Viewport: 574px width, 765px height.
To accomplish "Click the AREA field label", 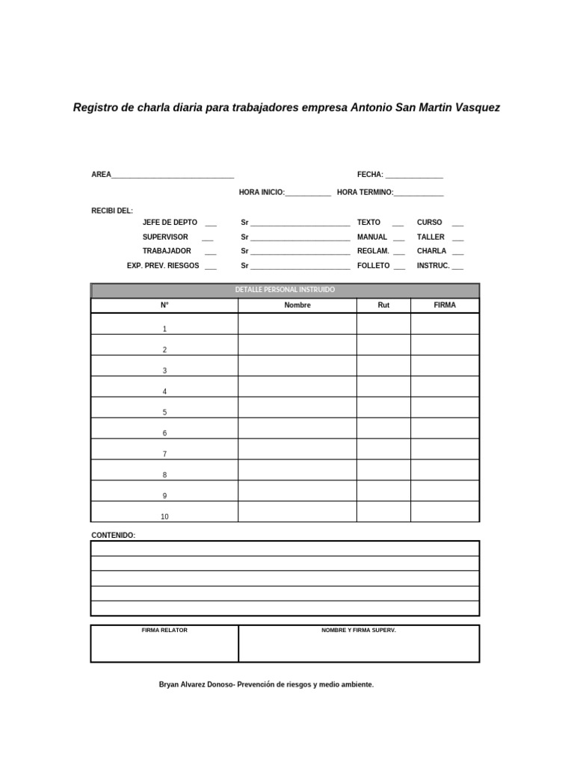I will click(x=101, y=175).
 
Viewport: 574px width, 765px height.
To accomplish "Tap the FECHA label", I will click(x=370, y=175).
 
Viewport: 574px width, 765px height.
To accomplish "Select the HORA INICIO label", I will click(x=262, y=193).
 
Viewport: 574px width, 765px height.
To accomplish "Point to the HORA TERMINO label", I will click(x=365, y=193).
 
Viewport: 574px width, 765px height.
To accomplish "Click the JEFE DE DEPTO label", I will click(x=170, y=223).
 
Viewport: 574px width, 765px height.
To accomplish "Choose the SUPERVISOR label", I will click(x=165, y=237).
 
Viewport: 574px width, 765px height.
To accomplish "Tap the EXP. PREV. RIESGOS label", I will click(x=163, y=265).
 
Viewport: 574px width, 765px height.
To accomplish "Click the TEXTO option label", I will click(x=368, y=223).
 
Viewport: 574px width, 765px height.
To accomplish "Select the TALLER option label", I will click(x=430, y=237).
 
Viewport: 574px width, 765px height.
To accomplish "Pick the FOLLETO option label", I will click(x=374, y=265).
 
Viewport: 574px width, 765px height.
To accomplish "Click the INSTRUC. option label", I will click(x=433, y=265).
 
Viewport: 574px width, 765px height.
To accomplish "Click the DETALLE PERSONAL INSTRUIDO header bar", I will click(x=285, y=290).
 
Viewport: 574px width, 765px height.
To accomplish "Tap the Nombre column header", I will click(x=297, y=305).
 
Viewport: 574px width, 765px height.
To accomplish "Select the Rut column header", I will click(x=383, y=305).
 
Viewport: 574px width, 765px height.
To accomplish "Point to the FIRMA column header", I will click(x=445, y=305).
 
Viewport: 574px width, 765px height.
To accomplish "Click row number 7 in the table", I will click(x=164, y=454).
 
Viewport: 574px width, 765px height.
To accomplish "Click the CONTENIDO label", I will click(x=113, y=535).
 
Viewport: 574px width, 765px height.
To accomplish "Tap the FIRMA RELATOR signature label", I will click(x=164, y=631).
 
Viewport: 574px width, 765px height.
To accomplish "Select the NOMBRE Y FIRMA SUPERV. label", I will click(x=359, y=631).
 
